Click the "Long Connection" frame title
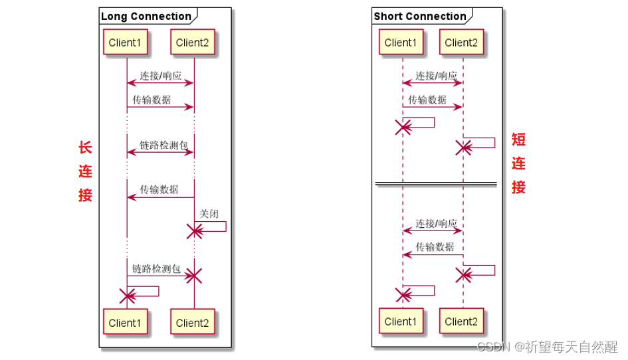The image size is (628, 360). (146, 16)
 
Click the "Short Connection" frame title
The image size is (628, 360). (420, 16)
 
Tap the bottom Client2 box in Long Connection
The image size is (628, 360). (193, 323)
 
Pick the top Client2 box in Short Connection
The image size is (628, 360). (461, 43)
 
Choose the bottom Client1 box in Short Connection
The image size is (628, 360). (401, 321)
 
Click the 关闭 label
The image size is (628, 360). (209, 214)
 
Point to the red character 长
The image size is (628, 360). (85, 147)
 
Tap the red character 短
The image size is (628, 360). (518, 139)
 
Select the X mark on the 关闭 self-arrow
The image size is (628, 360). (195, 231)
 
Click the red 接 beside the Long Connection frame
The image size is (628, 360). (85, 195)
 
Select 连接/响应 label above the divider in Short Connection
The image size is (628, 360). (436, 76)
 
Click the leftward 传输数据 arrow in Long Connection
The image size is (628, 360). (160, 197)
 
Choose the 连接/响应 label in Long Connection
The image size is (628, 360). (160, 76)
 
